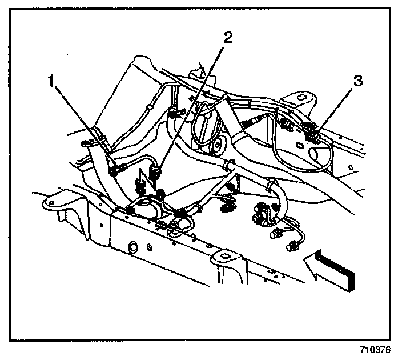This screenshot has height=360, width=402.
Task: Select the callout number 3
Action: pyautogui.click(x=358, y=81)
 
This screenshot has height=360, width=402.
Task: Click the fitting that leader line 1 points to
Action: pyautogui.click(x=117, y=169)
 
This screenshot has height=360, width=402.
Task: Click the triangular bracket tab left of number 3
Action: pyautogui.click(x=299, y=99)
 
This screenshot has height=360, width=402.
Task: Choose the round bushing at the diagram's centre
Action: pyautogui.click(x=217, y=148)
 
